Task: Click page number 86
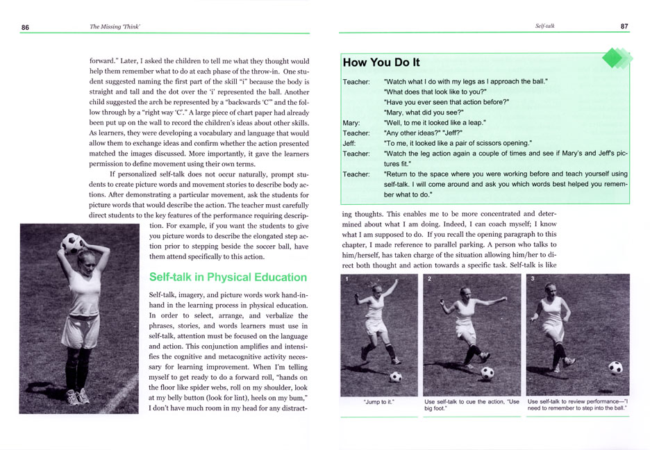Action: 25,27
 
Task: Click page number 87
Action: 624,26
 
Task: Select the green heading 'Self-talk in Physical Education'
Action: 228,277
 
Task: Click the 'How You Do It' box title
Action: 381,62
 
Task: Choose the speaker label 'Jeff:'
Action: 349,143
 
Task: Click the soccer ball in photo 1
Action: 396,376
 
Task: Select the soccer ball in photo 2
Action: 487,372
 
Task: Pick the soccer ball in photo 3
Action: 615,367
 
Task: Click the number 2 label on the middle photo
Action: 429,279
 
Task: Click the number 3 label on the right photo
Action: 532,279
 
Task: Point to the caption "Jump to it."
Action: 379,401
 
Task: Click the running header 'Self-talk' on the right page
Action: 545,26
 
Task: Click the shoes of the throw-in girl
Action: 76,397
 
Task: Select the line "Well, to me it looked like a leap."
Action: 434,123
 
